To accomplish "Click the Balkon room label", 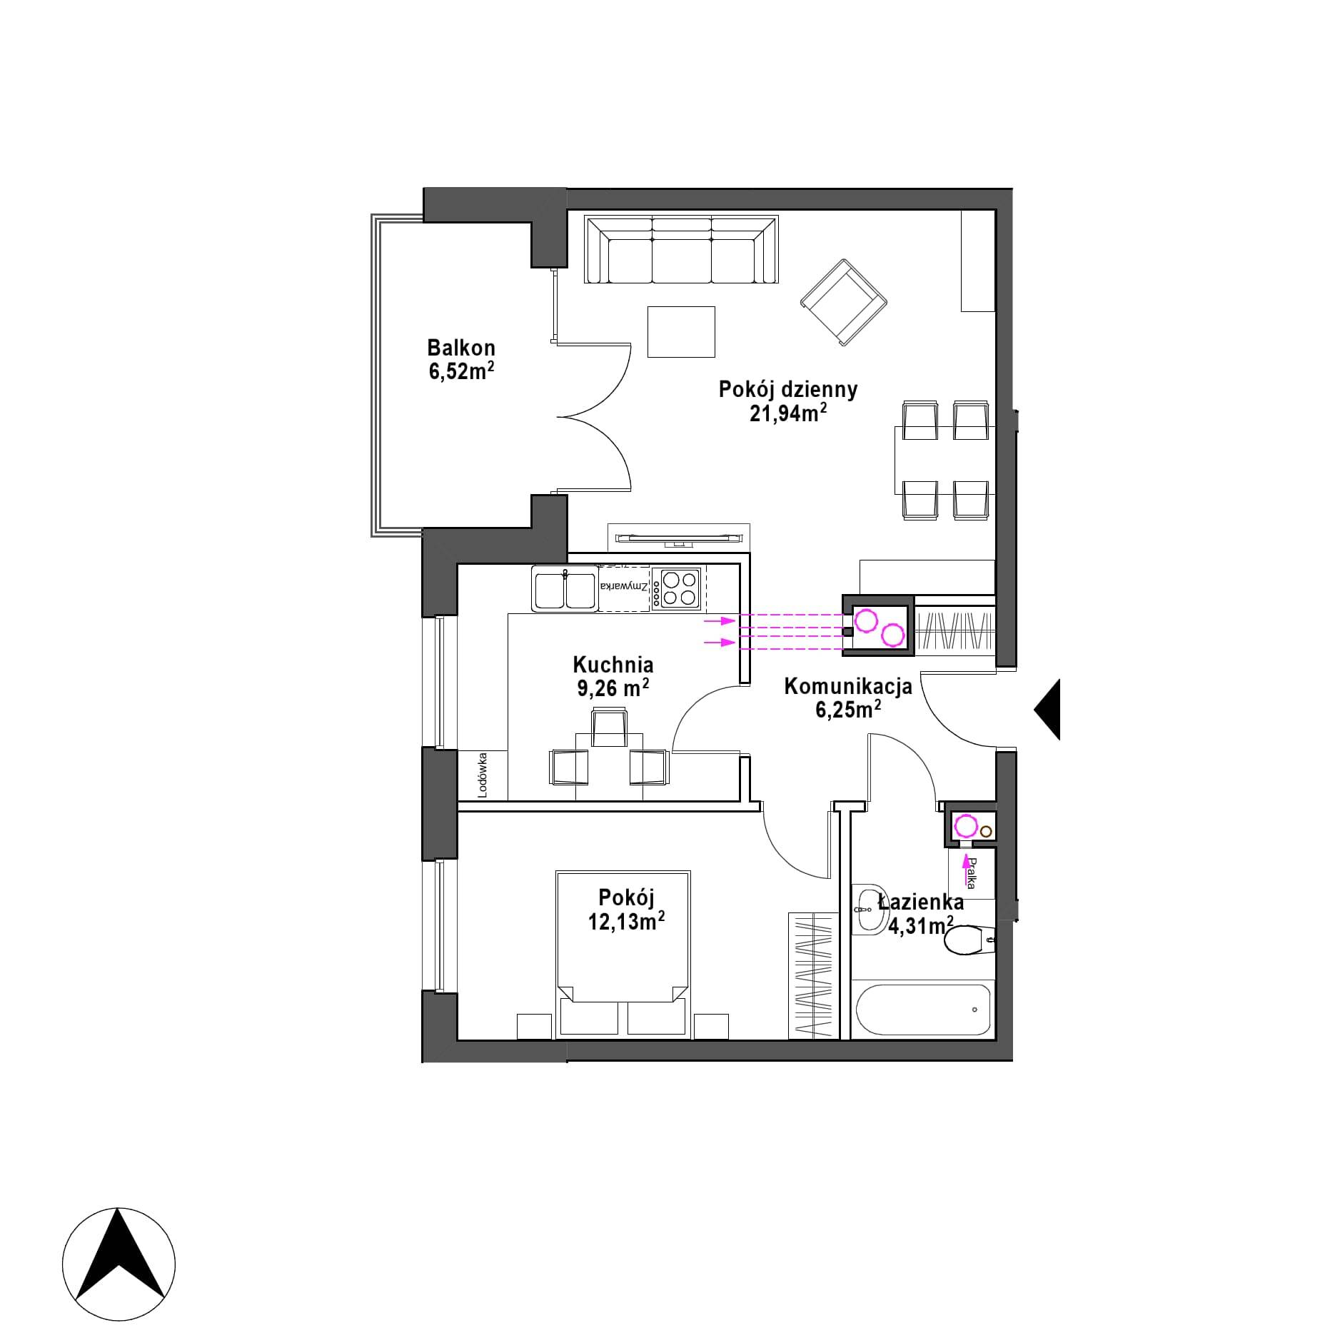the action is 461,348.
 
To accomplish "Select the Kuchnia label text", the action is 613,665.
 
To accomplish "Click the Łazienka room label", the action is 921,902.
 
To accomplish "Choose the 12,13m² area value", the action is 627,921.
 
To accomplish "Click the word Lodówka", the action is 483,775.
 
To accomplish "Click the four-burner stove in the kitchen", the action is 680,588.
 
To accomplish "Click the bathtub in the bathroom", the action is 922,1009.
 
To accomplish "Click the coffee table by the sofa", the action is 681,331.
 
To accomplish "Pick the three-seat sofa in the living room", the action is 681,250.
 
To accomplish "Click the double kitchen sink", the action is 564,590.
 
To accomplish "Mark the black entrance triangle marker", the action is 1047,709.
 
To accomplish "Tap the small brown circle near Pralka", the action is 986,831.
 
